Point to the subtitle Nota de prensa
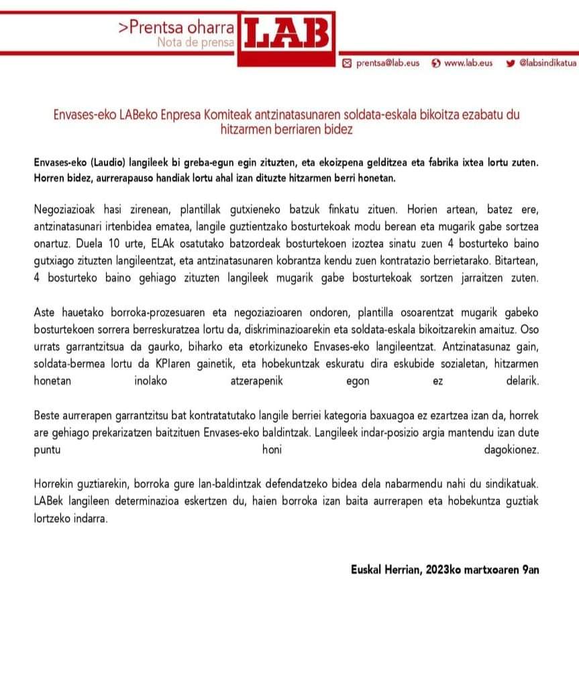click(x=195, y=42)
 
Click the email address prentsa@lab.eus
click(x=388, y=63)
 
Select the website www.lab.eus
click(x=468, y=63)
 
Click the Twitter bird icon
click(x=510, y=63)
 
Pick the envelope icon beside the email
click(x=347, y=63)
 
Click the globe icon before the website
click(x=435, y=63)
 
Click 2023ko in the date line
click(x=448, y=570)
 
